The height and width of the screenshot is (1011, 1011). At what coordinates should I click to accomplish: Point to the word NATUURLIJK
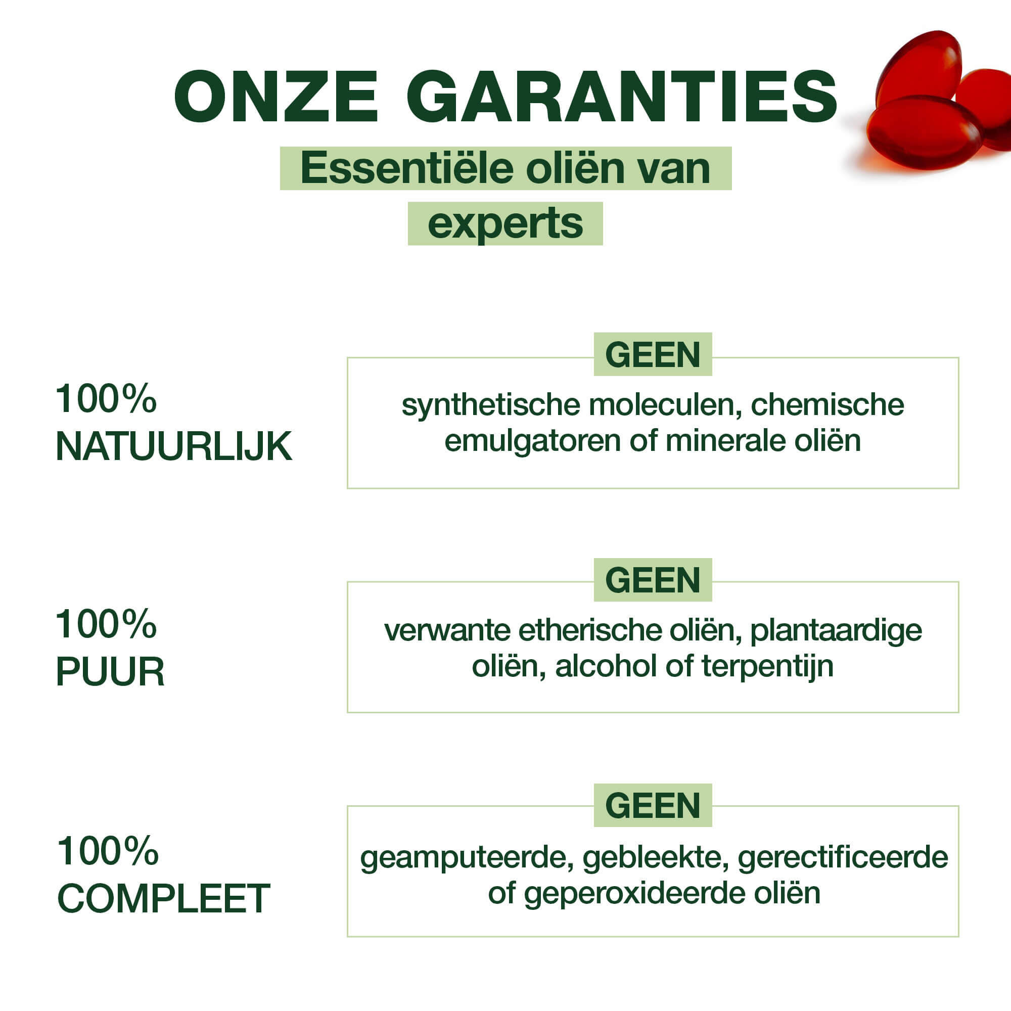click(174, 447)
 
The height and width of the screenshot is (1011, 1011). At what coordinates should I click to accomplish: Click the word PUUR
click(110, 671)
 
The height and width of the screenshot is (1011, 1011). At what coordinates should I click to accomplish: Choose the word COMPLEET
click(163, 898)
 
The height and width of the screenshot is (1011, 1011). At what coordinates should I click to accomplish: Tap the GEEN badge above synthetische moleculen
click(653, 354)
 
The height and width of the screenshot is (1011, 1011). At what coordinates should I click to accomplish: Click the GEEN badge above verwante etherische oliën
click(653, 580)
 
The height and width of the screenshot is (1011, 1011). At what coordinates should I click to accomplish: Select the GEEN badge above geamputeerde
click(653, 805)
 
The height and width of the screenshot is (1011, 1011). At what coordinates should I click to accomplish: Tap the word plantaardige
click(836, 631)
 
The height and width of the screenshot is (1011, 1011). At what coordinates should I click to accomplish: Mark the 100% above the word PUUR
click(106, 624)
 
